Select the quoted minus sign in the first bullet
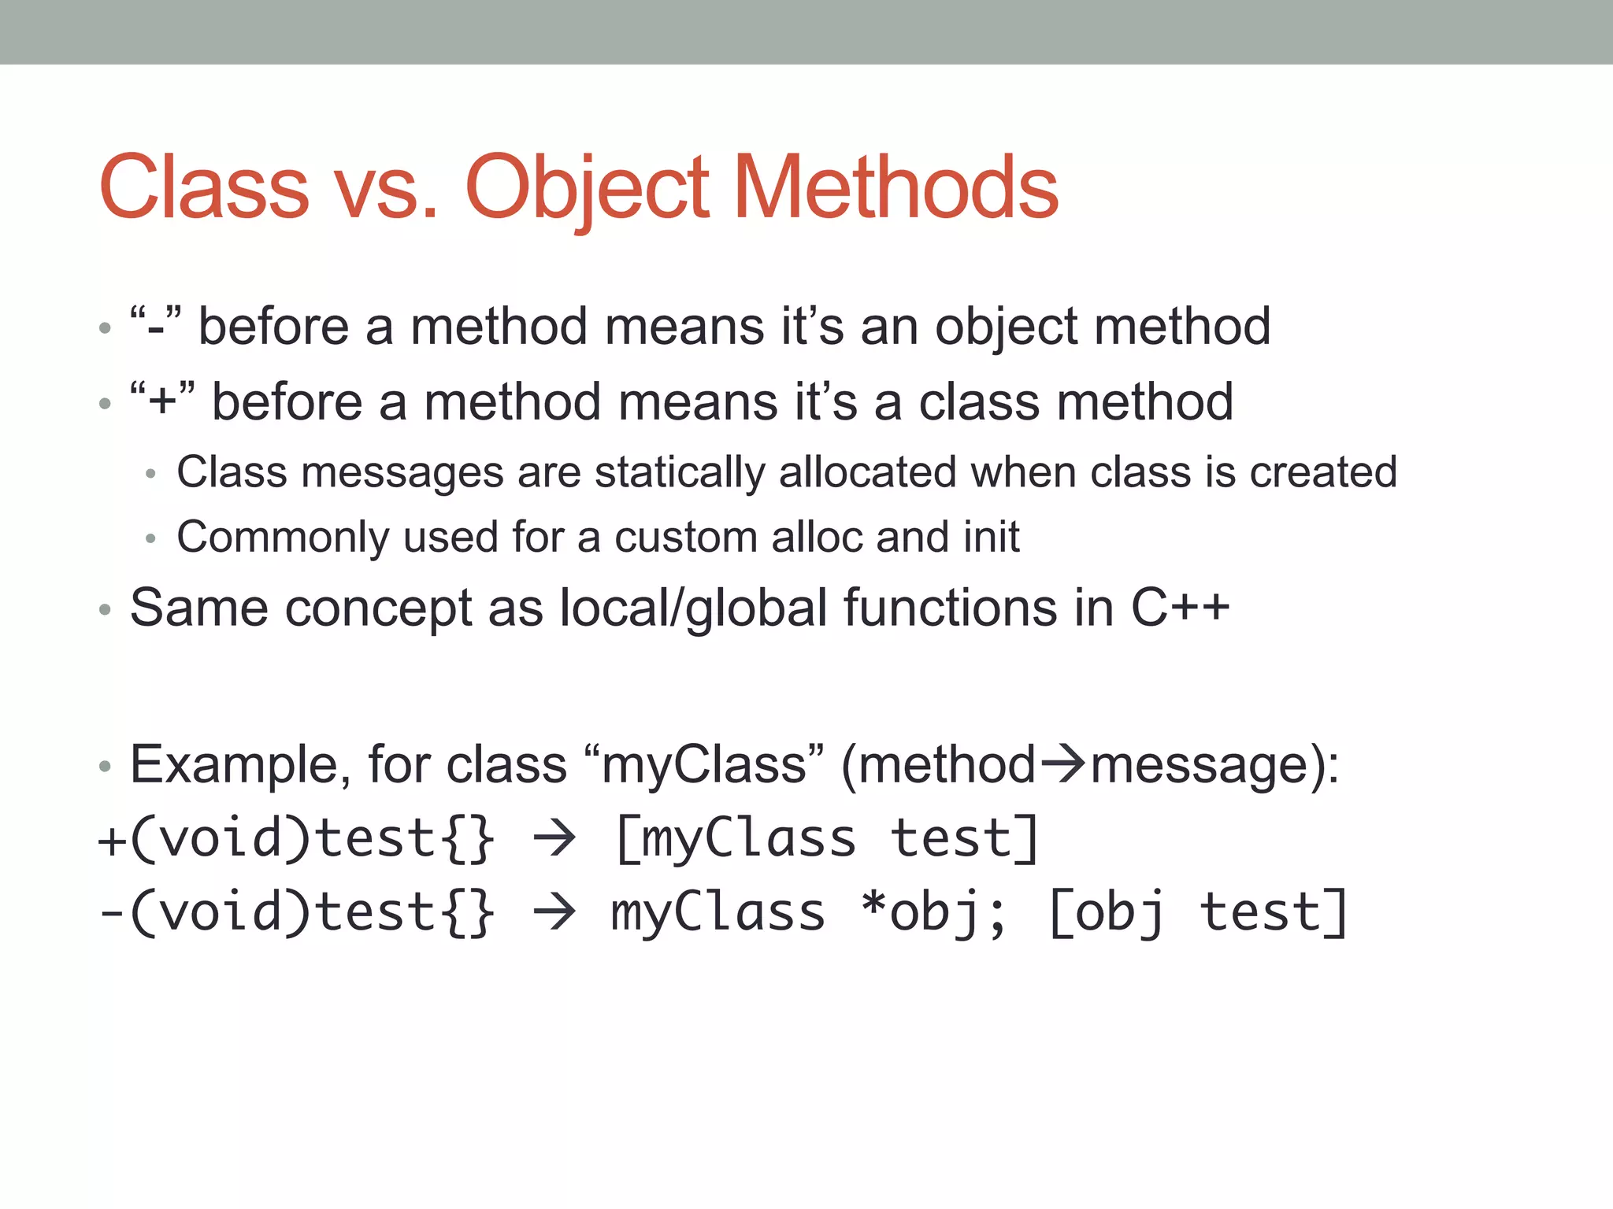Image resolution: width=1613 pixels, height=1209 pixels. tap(156, 326)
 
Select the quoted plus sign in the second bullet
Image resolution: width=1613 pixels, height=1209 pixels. tap(162, 401)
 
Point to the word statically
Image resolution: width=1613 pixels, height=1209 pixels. tap(679, 472)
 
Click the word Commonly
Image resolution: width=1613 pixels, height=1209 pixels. tap(282, 537)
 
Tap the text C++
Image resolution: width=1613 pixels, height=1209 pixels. tap(1180, 608)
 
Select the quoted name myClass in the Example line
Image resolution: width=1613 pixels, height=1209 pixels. tap(704, 764)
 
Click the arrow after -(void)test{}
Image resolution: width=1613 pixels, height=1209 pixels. tap(554, 913)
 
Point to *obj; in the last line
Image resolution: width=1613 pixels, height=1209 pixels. tap(933, 913)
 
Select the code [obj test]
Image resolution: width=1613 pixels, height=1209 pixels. tap(1197, 913)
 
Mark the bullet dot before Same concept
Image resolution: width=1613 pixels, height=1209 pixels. tap(106, 610)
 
